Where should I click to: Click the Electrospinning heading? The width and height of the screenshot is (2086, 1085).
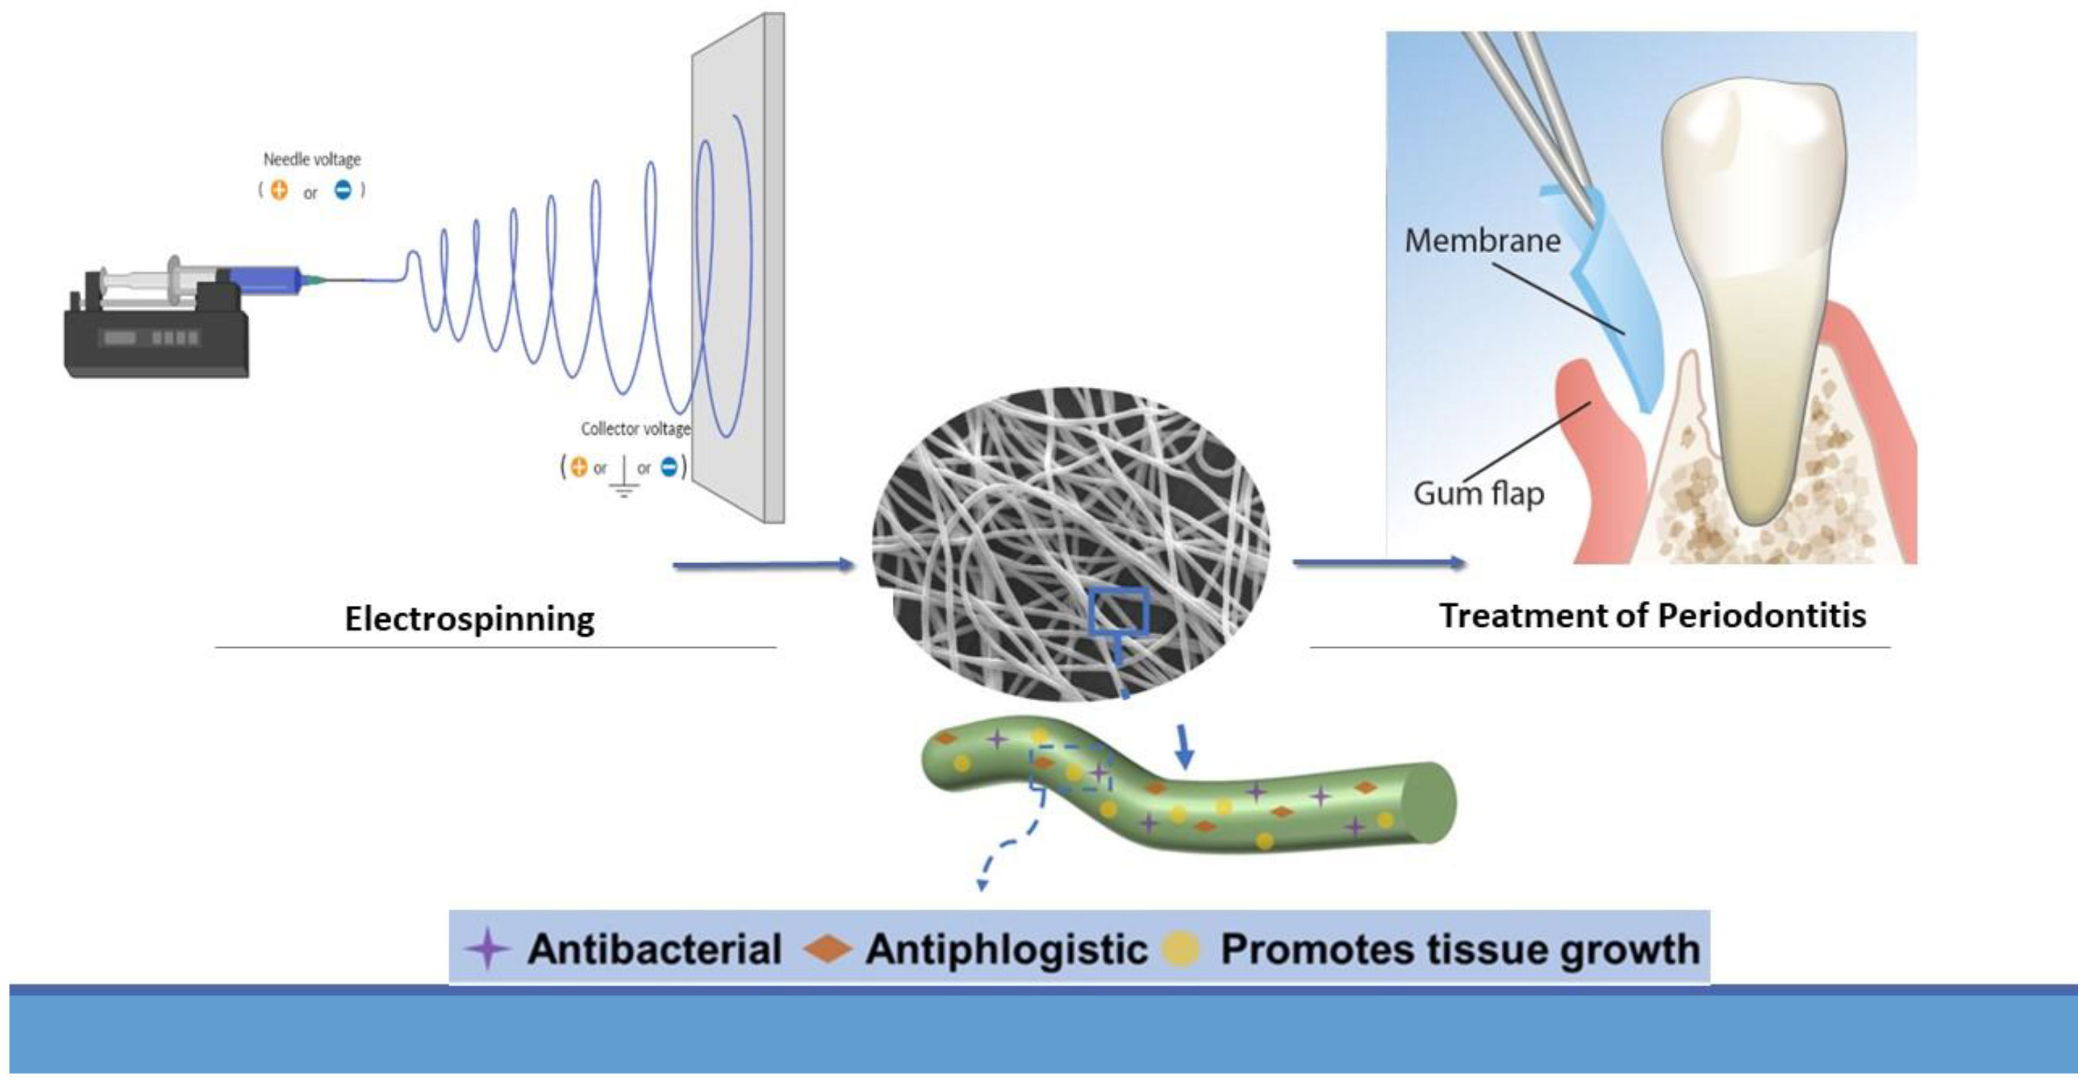(470, 619)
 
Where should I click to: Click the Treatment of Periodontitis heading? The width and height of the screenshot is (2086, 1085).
(1652, 616)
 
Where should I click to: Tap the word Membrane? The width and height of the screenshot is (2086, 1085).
(1482, 240)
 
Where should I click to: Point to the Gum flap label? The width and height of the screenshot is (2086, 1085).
(1479, 493)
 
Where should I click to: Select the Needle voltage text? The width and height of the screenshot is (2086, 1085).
(312, 160)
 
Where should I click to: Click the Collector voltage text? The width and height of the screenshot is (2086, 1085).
(636, 428)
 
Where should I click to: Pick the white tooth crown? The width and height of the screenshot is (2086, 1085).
(1753, 162)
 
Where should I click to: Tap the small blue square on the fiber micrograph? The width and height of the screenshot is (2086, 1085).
(1119, 611)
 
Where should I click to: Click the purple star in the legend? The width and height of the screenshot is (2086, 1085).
(487, 949)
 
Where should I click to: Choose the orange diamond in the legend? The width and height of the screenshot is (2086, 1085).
(827, 949)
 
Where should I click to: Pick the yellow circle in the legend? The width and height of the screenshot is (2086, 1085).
(1180, 949)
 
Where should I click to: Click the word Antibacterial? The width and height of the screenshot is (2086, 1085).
(654, 949)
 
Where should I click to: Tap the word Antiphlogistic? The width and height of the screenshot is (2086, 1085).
(1006, 949)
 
